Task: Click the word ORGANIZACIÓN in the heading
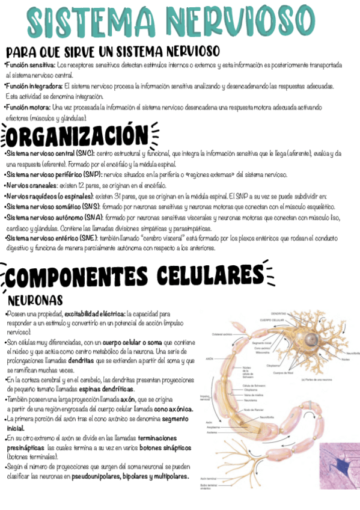[78, 136]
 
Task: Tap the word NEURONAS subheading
[35, 299]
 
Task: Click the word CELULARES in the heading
[207, 277]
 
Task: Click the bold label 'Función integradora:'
[33, 86]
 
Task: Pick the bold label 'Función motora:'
[28, 107]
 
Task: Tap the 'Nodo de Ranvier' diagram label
[251, 409]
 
